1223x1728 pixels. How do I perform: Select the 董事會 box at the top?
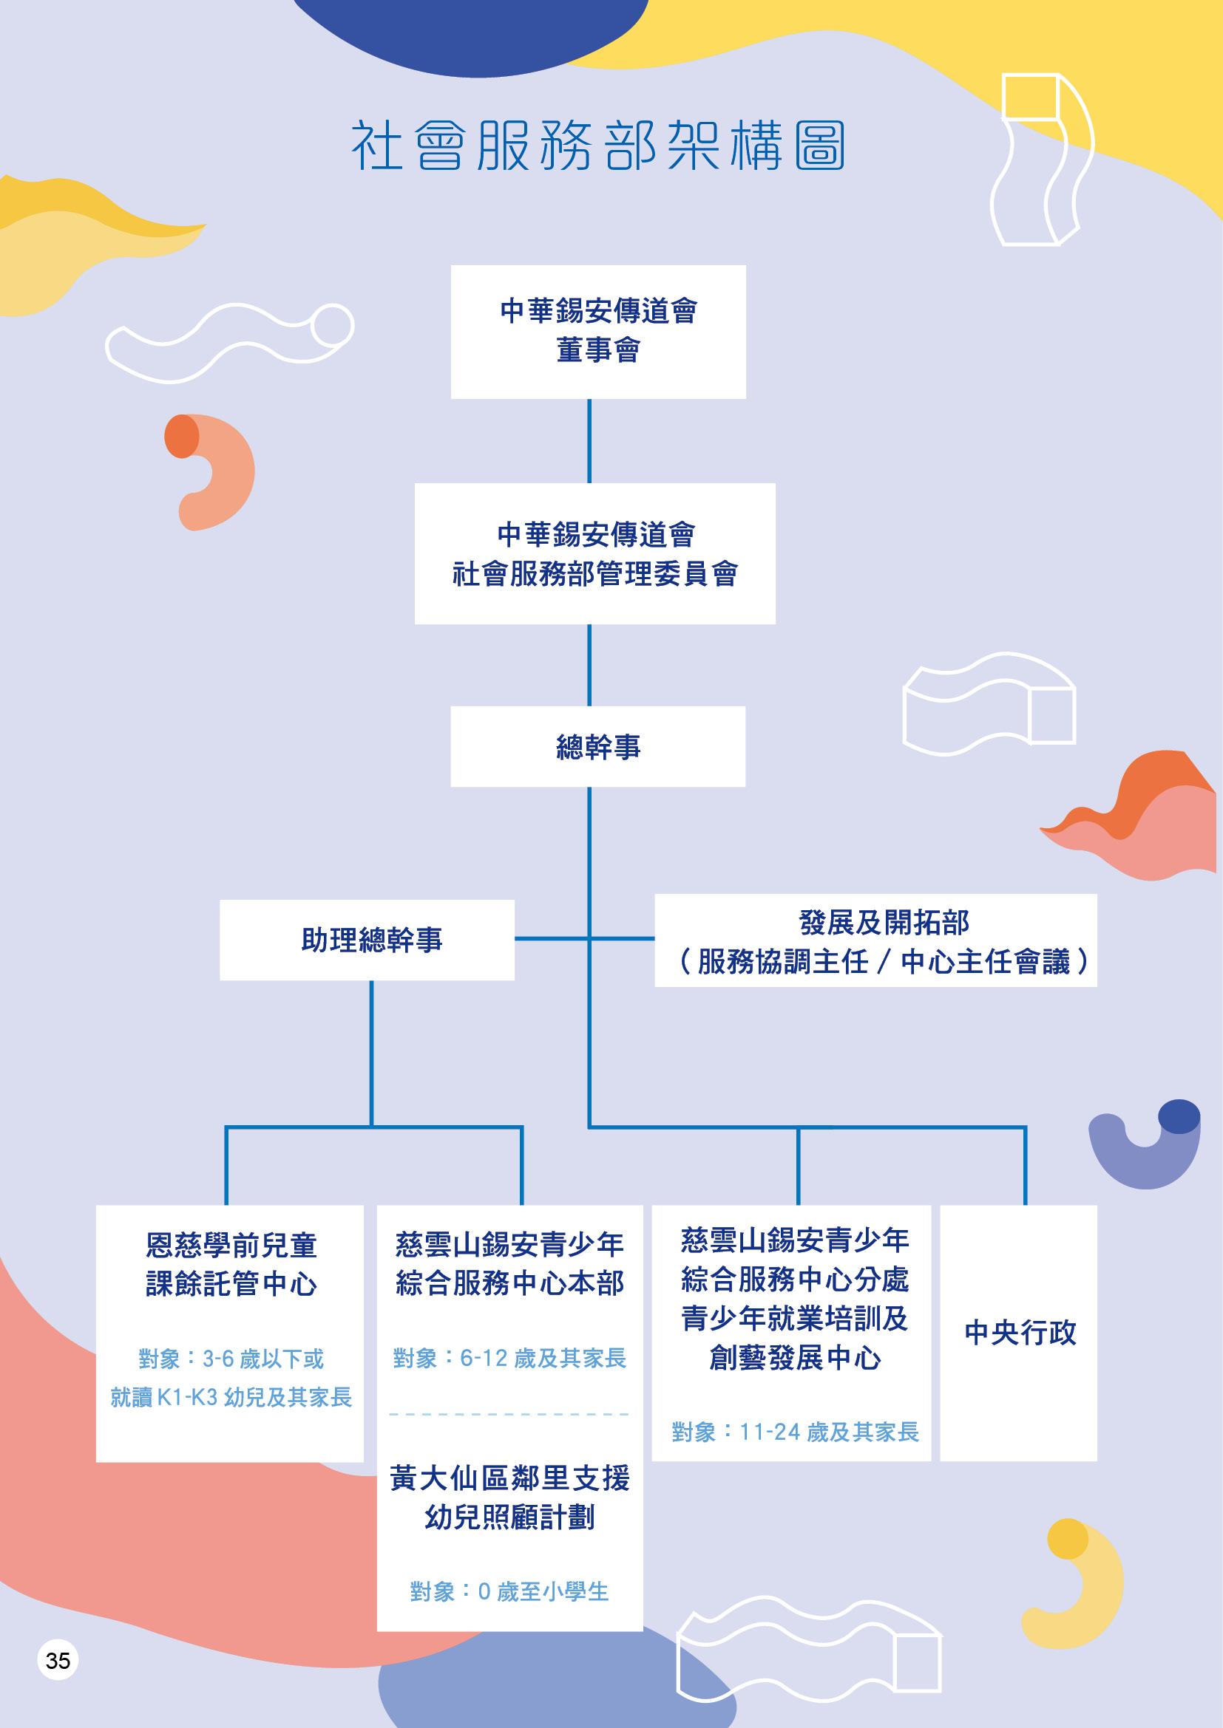(598, 331)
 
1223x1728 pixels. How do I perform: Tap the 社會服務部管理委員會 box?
(594, 553)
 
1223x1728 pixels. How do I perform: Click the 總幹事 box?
(598, 747)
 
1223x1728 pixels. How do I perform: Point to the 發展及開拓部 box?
(875, 940)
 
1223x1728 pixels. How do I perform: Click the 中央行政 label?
(1020, 1333)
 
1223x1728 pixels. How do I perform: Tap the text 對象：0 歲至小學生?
(510, 1591)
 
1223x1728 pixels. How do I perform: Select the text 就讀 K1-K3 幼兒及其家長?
(231, 1397)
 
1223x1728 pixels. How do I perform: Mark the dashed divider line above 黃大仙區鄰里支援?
(510, 1414)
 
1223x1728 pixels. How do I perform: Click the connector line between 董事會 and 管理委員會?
(589, 441)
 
